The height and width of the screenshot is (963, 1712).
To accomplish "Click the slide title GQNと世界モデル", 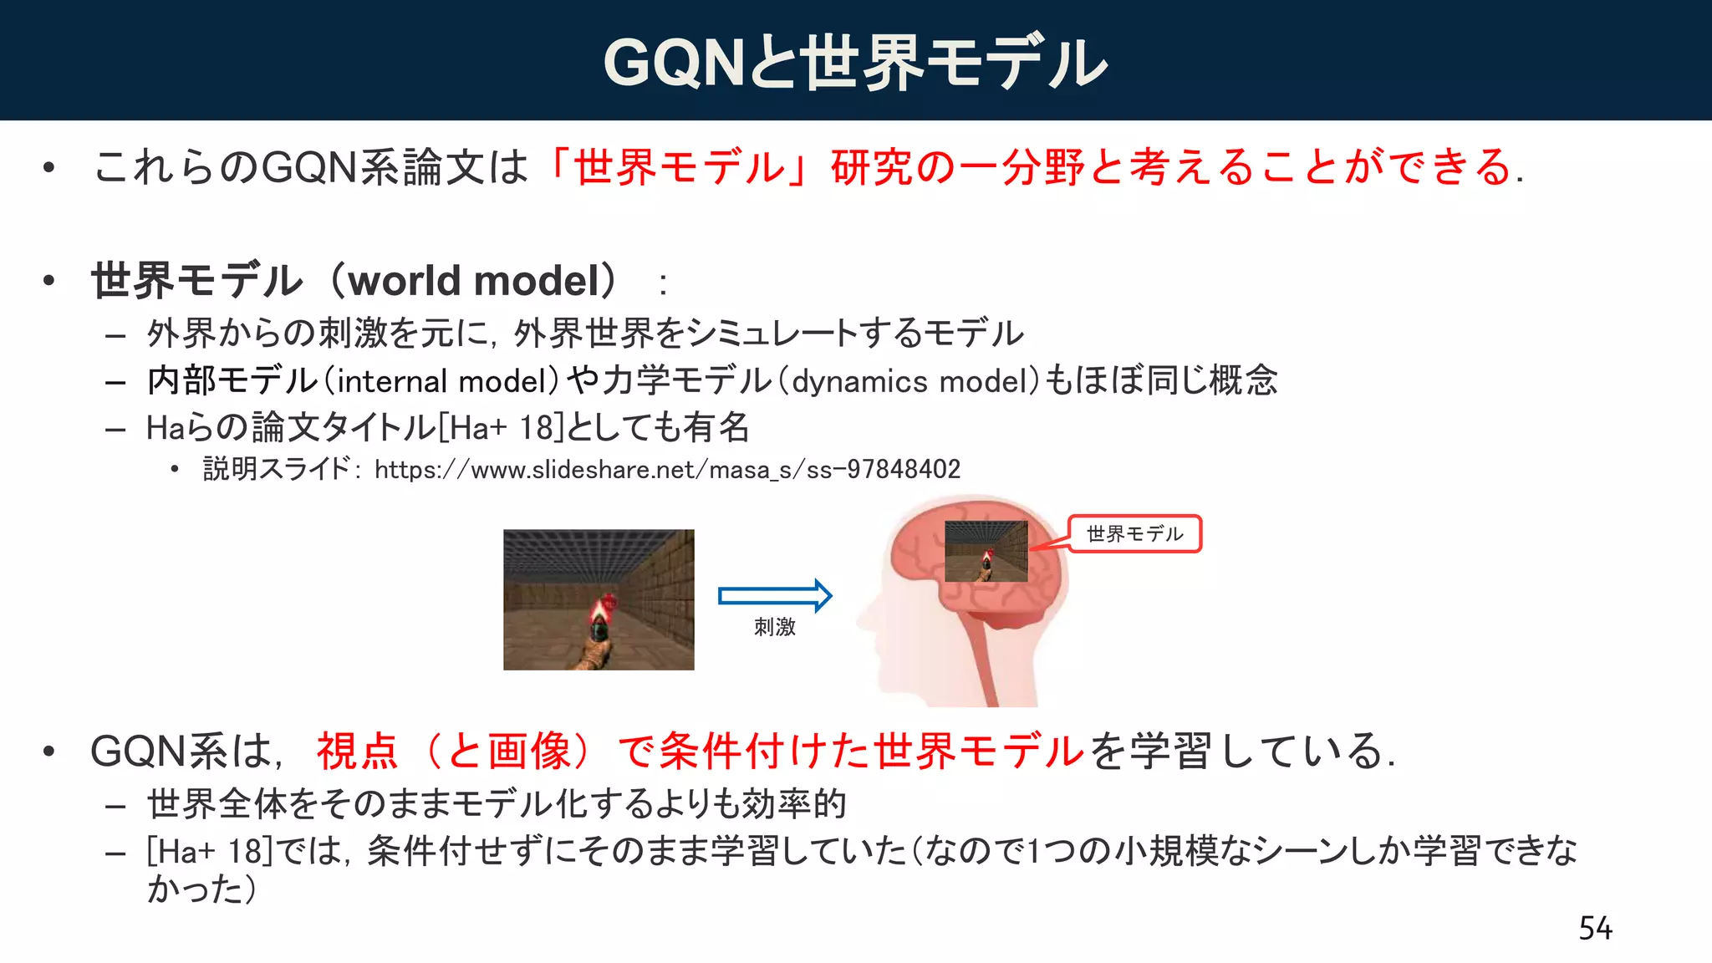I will pyautogui.click(x=855, y=62).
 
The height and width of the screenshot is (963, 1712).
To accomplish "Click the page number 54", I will pyautogui.click(x=1595, y=928).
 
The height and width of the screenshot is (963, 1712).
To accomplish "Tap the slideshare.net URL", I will pyautogui.click(x=667, y=469).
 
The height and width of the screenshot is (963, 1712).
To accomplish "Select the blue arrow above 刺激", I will pyautogui.click(x=775, y=595).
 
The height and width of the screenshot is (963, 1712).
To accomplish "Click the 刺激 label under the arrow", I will pyautogui.click(x=774, y=627).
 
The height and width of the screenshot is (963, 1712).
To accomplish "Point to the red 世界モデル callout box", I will pyautogui.click(x=1134, y=533).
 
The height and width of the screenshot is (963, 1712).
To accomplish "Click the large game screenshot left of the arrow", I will pyautogui.click(x=599, y=599).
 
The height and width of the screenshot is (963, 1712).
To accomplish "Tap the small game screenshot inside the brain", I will pyautogui.click(x=986, y=551).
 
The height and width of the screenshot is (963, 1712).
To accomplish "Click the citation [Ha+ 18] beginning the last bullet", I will pyautogui.click(x=210, y=852).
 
